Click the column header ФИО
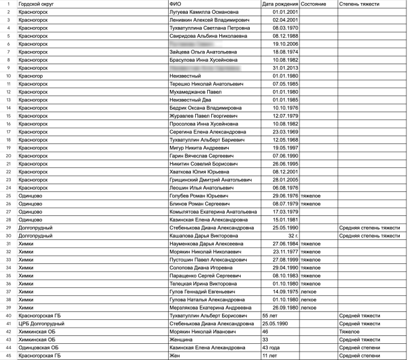click(x=175, y=4)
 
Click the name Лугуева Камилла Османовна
click(x=204, y=12)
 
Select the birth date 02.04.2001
click(x=281, y=20)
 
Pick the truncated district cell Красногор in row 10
click(x=31, y=76)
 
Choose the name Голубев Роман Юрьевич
click(x=199, y=196)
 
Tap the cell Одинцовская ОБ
click(x=39, y=347)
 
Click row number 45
click(x=8, y=356)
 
